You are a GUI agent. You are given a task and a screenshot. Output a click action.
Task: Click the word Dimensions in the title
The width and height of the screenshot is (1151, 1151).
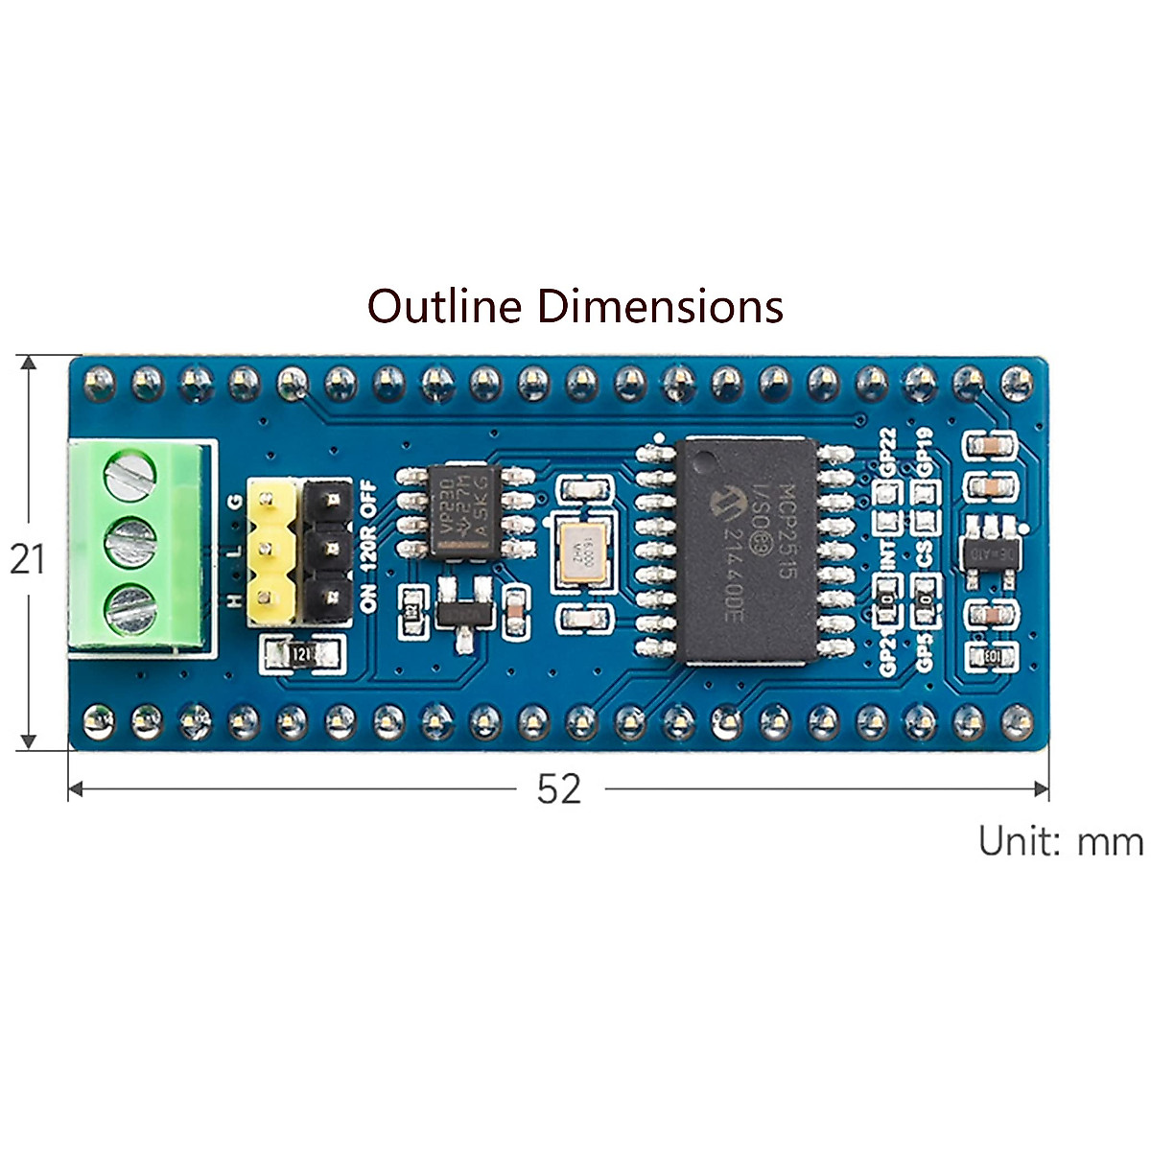coord(660,306)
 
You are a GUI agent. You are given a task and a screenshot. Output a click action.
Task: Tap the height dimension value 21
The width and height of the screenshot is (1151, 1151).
coord(27,557)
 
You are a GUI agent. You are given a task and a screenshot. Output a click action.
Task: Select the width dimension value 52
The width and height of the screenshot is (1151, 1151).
coord(558,788)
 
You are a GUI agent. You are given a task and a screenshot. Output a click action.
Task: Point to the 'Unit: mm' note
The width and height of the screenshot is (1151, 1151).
coord(1060,841)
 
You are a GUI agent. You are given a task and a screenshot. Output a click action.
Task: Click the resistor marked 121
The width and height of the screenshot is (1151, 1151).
coord(300,654)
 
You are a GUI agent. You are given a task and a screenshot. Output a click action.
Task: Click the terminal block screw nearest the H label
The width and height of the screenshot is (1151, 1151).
coord(129,606)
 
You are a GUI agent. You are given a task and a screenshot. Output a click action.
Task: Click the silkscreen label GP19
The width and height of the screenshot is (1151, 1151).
coord(925,451)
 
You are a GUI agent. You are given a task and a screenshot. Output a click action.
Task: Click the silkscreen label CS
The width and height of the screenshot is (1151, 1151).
coord(925,553)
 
